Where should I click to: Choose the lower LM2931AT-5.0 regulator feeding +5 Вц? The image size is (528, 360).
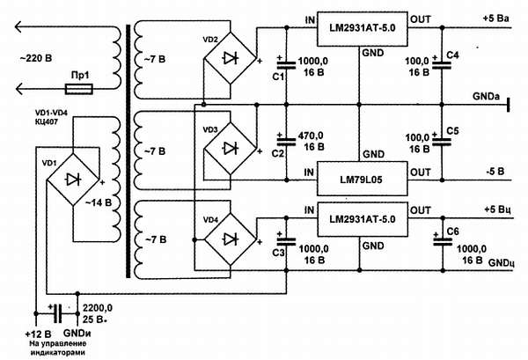(x=361, y=217)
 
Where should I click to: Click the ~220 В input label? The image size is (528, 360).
(x=33, y=60)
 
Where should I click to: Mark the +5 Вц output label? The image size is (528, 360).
(x=499, y=209)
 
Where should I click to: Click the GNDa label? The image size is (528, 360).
(x=487, y=94)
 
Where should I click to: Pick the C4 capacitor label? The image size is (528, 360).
(x=452, y=55)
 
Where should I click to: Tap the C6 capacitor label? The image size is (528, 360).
(x=452, y=230)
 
